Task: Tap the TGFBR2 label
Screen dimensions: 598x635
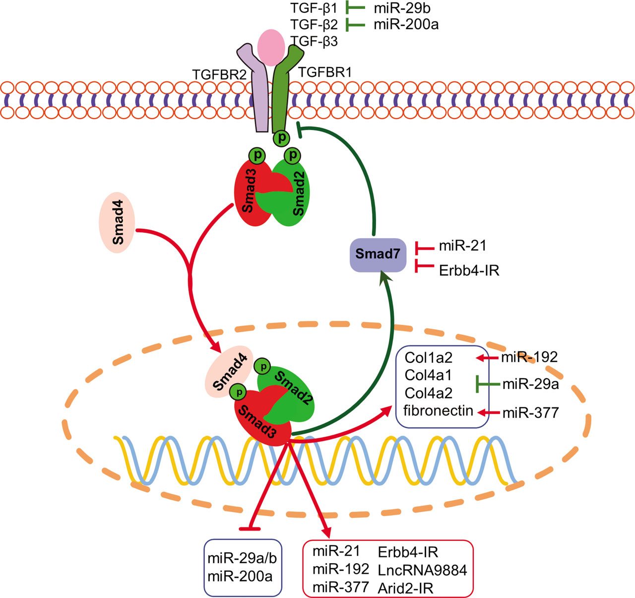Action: point(219,74)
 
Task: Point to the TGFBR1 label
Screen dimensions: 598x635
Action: point(325,72)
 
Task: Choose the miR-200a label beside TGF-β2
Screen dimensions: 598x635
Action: point(406,24)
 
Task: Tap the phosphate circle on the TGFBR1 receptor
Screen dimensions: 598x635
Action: point(282,137)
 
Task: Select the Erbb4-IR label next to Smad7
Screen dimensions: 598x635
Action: point(469,270)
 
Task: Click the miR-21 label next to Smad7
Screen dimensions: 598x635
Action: point(462,246)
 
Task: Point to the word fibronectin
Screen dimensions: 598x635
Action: point(438,411)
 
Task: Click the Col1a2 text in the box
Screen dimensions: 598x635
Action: point(428,358)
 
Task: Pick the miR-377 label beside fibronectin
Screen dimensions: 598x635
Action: point(530,412)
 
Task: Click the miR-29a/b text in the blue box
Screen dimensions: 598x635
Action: point(242,559)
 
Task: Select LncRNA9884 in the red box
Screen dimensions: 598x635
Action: point(422,570)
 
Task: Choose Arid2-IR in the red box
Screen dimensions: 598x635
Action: point(405,589)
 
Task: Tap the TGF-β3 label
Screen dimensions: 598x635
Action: point(314,41)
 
